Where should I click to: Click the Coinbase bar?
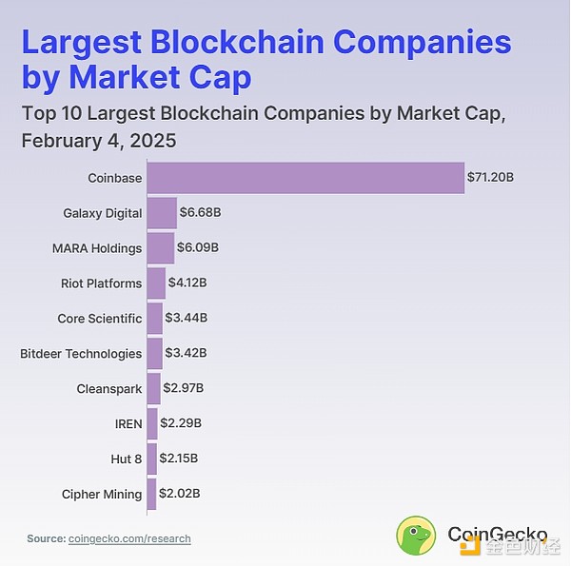pyautogui.click(x=305, y=178)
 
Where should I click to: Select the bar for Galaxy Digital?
pyautogui.click(x=162, y=213)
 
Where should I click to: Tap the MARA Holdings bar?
pyautogui.click(x=161, y=248)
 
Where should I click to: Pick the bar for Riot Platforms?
pyautogui.click(x=157, y=283)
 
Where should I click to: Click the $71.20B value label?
pyautogui.click(x=490, y=178)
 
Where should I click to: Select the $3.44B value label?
pyautogui.click(x=187, y=319)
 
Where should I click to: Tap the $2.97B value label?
pyautogui.click(x=183, y=388)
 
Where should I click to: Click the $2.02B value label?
pyautogui.click(x=179, y=494)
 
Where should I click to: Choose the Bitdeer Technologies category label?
pyautogui.click(x=81, y=354)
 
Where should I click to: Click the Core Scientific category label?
pyautogui.click(x=100, y=319)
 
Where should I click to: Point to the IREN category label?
pyautogui.click(x=128, y=423)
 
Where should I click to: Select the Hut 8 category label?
pyautogui.click(x=127, y=459)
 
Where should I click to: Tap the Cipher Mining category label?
pyautogui.click(x=102, y=494)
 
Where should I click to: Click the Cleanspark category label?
pyautogui.click(x=109, y=388)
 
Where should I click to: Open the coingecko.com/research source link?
pyautogui.click(x=129, y=538)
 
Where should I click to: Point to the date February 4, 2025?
pyautogui.click(x=99, y=140)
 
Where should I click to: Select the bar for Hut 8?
pyautogui.click(x=152, y=459)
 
